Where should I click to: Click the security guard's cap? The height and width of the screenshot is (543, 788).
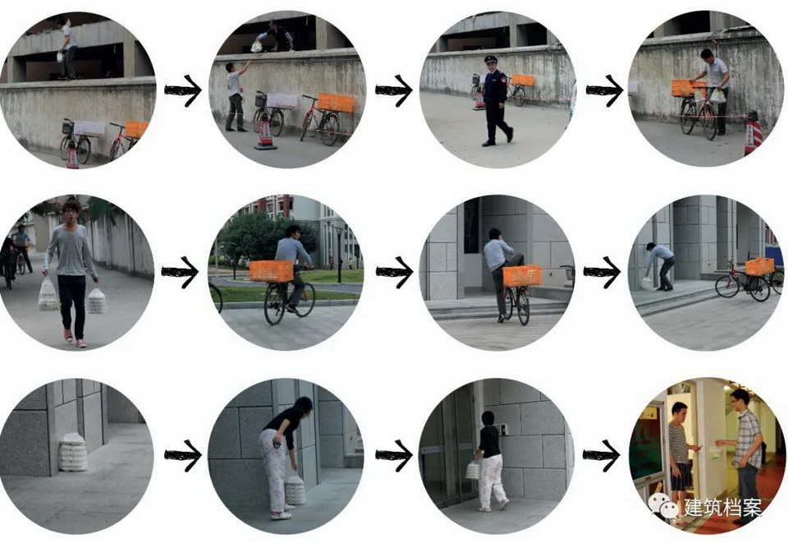coord(491,59)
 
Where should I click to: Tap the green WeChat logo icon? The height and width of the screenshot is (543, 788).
coord(663,504)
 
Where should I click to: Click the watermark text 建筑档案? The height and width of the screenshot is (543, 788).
coord(722,507)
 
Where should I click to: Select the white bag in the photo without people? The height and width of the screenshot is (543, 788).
coord(73,453)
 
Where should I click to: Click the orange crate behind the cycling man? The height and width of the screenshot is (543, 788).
coord(272,271)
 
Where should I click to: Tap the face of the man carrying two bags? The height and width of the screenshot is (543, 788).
coord(71,214)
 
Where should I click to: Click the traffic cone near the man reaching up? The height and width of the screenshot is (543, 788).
coord(265,132)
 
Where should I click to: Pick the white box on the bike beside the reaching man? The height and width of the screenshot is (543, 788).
coord(282,101)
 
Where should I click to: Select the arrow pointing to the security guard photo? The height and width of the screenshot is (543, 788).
coord(393,90)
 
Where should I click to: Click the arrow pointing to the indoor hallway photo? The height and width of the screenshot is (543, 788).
coord(601,456)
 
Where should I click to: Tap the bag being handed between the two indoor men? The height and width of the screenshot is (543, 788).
coord(716,452)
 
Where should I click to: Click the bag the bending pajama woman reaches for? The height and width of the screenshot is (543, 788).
coord(295,490)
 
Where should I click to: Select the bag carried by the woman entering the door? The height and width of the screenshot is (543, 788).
coord(473,470)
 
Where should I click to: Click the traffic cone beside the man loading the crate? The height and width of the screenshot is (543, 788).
coord(753,131)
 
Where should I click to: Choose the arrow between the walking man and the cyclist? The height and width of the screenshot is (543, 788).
coord(180,272)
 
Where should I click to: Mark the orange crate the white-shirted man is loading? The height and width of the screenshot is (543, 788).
coord(687,88)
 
